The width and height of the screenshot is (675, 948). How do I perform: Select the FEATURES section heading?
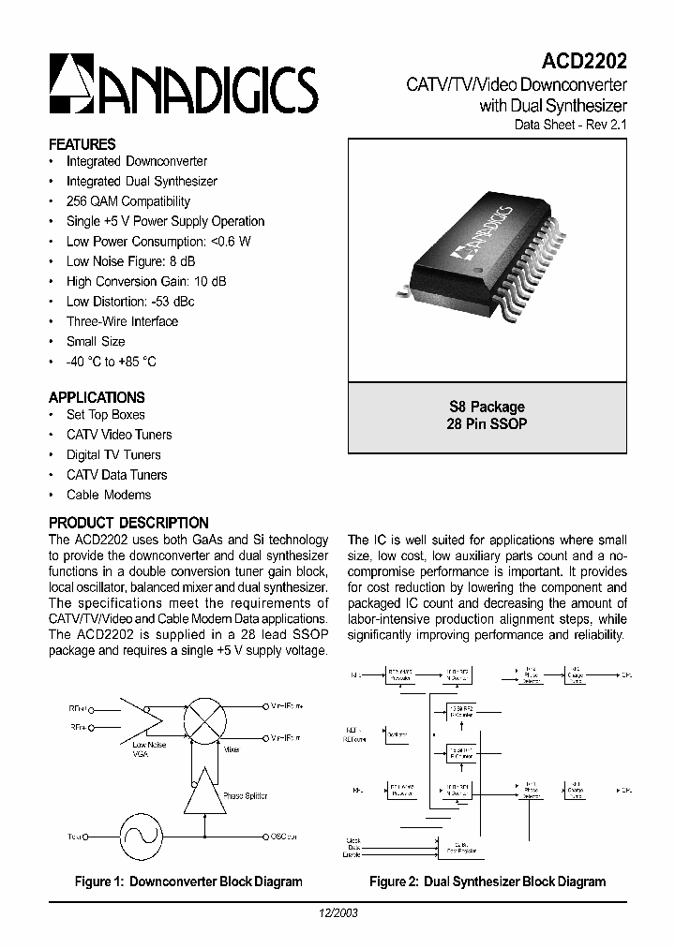tap(82, 144)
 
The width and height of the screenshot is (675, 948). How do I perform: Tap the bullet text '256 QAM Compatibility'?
tap(127, 201)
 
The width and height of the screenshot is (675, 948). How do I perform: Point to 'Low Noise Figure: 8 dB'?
tap(132, 261)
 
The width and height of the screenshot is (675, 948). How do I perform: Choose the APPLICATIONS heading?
tap(97, 397)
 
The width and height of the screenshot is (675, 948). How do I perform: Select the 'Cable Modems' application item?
tap(108, 495)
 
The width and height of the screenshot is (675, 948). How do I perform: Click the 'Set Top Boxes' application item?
tap(105, 414)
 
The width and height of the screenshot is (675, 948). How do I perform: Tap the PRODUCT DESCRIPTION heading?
tap(128, 523)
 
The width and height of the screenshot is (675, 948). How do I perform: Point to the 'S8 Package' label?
tap(487, 407)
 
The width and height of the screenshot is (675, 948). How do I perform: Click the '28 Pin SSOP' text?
tap(487, 423)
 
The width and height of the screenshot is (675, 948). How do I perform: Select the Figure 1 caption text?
tap(188, 881)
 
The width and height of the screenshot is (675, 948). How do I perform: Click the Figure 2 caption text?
tap(487, 881)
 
